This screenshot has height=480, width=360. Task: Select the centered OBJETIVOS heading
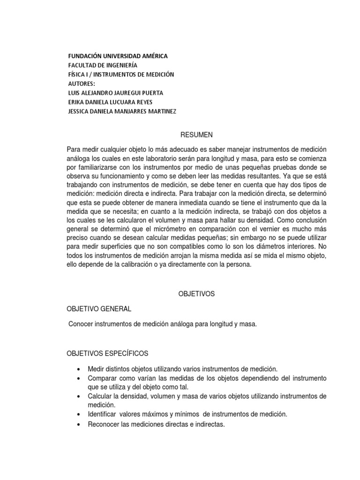[196, 293]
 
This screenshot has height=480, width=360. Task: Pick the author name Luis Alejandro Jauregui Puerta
[115, 93]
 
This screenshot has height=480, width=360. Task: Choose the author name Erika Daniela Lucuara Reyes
[110, 102]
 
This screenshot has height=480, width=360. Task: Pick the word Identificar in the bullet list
[103, 414]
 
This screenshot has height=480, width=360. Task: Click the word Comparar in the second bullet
[102, 378]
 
